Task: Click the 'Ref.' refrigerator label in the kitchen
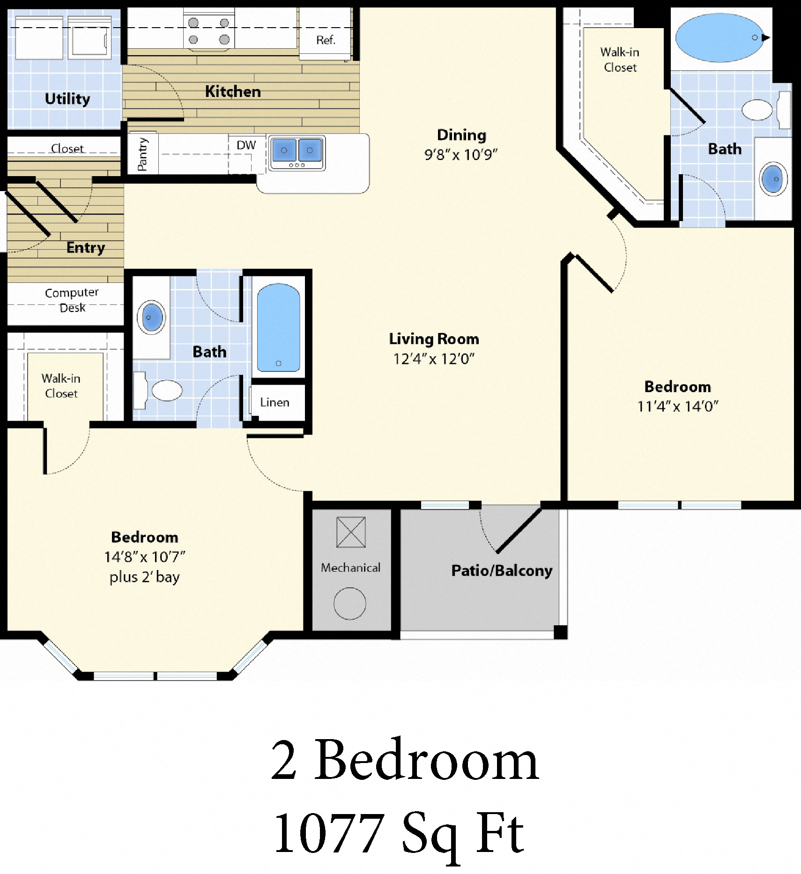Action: (x=326, y=40)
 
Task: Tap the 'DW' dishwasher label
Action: (x=246, y=145)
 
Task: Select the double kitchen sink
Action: (x=297, y=152)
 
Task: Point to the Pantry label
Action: (x=142, y=154)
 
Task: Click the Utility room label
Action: (x=67, y=99)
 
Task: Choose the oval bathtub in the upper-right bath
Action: (x=719, y=38)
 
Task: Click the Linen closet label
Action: (x=274, y=402)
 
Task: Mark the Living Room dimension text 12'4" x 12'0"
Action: (x=434, y=359)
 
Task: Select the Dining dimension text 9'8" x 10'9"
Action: (x=461, y=155)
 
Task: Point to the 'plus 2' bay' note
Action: (x=144, y=577)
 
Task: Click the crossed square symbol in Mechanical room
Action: (x=351, y=532)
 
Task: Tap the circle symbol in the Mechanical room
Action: (x=350, y=603)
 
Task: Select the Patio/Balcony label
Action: (x=502, y=570)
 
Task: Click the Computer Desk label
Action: (x=72, y=300)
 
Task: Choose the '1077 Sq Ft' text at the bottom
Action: (x=399, y=834)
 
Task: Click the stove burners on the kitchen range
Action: (x=208, y=31)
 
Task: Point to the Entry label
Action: (x=86, y=247)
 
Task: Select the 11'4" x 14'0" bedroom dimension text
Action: (x=677, y=407)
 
